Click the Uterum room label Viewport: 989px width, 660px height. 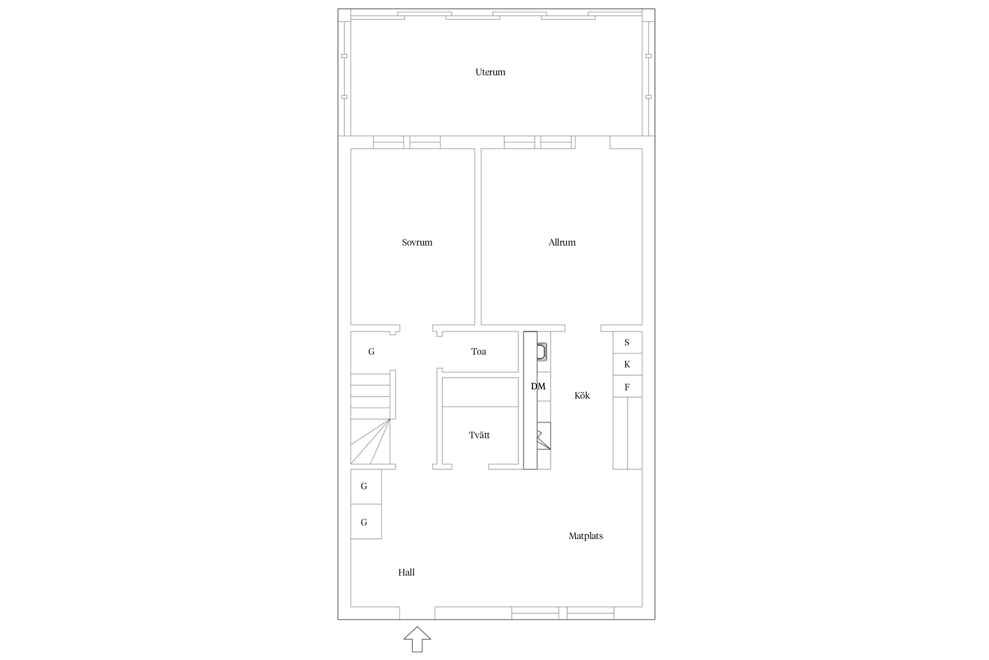pyautogui.click(x=490, y=72)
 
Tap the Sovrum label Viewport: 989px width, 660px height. pyautogui.click(x=417, y=242)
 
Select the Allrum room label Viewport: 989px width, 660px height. pyautogui.click(x=562, y=242)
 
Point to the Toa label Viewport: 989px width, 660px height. pyautogui.click(x=479, y=352)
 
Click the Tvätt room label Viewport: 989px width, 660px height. pyautogui.click(x=479, y=435)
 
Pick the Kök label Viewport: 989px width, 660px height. pyautogui.click(x=582, y=396)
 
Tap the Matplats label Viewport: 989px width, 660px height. pyautogui.click(x=585, y=536)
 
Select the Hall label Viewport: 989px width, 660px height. pyautogui.click(x=406, y=572)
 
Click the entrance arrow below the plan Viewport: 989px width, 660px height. pyautogui.click(x=417, y=639)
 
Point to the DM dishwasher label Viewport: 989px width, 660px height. pyautogui.click(x=538, y=386)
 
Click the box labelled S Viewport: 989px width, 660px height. pyautogui.click(x=628, y=342)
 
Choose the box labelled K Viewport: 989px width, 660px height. pyautogui.click(x=628, y=364)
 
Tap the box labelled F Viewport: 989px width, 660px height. pyautogui.click(x=628, y=386)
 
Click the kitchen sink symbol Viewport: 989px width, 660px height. pyautogui.click(x=542, y=352)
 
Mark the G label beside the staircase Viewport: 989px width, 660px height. pyautogui.click(x=371, y=352)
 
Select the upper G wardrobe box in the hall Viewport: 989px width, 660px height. pyautogui.click(x=366, y=487)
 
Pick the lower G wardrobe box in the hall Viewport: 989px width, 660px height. pyautogui.click(x=366, y=521)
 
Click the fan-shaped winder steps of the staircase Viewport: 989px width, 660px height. pyautogui.click(x=370, y=442)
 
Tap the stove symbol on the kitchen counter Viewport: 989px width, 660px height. pyautogui.click(x=544, y=436)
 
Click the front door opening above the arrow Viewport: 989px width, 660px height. pyautogui.click(x=417, y=613)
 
